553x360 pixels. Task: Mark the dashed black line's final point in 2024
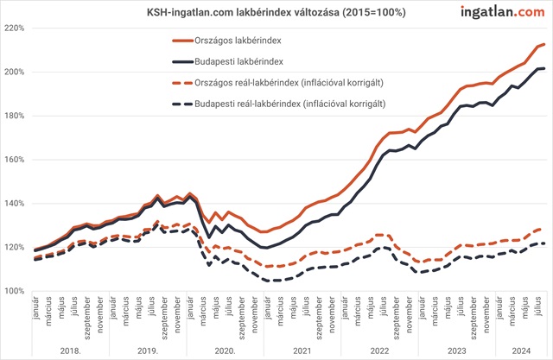[543, 243]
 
